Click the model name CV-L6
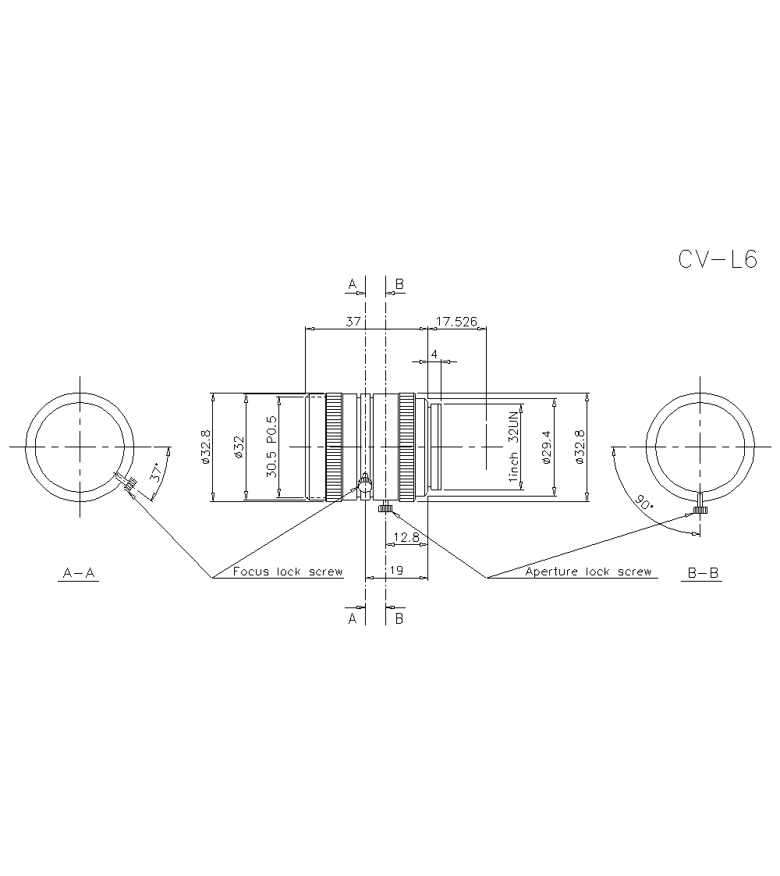[x=718, y=260]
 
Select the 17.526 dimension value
[x=457, y=321]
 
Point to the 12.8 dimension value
[x=407, y=537]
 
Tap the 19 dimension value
[x=396, y=571]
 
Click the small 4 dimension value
[x=434, y=354]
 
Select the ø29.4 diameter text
[x=546, y=447]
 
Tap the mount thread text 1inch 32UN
[x=513, y=447]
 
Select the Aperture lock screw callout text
[x=588, y=572]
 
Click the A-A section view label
[x=78, y=574]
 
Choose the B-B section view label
[x=703, y=574]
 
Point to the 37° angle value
[x=157, y=472]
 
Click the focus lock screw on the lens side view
[x=364, y=486]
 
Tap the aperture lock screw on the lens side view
[x=385, y=509]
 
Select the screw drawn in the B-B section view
[x=700, y=505]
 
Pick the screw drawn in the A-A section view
[x=126, y=483]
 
